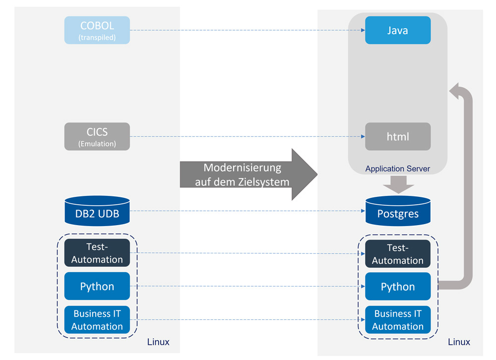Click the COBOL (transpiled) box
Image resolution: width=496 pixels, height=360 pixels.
pyautogui.click(x=97, y=30)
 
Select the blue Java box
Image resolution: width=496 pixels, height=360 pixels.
pyautogui.click(x=398, y=30)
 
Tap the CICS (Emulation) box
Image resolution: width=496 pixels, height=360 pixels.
pyautogui.click(x=97, y=136)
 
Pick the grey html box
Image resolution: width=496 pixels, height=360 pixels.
pyautogui.click(x=398, y=136)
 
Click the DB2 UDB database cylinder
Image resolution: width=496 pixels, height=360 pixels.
pyautogui.click(x=97, y=212)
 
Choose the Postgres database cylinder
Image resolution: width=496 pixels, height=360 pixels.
pyautogui.click(x=398, y=213)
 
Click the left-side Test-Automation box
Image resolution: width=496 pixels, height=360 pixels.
pyautogui.click(x=97, y=253)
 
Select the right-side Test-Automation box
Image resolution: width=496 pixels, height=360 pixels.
pyautogui.click(x=398, y=254)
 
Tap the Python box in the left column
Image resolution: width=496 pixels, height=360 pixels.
pyautogui.click(x=97, y=286)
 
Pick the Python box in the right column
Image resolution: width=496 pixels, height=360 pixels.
pyautogui.click(x=398, y=287)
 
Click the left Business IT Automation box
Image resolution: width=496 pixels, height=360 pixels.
pyautogui.click(x=97, y=320)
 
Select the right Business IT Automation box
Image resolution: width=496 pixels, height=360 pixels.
pyautogui.click(x=398, y=320)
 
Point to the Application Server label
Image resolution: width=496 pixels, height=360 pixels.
pyautogui.click(x=397, y=169)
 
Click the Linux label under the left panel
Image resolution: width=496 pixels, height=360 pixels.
pyautogui.click(x=158, y=342)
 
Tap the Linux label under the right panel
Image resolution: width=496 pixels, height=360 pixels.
pyautogui.click(x=459, y=342)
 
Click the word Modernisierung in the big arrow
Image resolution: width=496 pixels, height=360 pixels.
pyautogui.click(x=242, y=168)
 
